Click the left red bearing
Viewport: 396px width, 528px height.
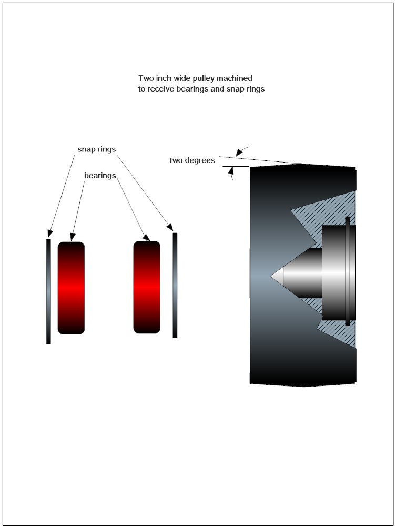pyautogui.click(x=71, y=288)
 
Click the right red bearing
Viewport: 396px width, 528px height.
pyautogui.click(x=147, y=287)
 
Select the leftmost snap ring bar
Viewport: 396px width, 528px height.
pyautogui.click(x=48, y=292)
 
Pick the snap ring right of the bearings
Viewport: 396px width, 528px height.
pyautogui.click(x=175, y=285)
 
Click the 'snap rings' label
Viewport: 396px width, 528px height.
pyautogui.click(x=97, y=149)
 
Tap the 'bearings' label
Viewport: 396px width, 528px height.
pyautogui.click(x=100, y=176)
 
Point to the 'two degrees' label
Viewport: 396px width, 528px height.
pyautogui.click(x=192, y=160)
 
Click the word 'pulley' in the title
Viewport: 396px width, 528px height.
pyautogui.click(x=204, y=78)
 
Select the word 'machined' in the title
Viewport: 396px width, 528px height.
pyautogui.click(x=235, y=78)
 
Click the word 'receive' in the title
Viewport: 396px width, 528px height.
pyautogui.click(x=161, y=89)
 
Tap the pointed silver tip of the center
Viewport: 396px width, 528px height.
pyautogui.click(x=277, y=276)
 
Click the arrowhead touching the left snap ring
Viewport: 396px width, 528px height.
pyautogui.click(x=50, y=233)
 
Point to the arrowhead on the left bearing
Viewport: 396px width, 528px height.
pyautogui.click(x=72, y=237)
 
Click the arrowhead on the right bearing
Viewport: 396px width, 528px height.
pyautogui.click(x=147, y=237)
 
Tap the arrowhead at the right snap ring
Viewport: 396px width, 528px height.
pyautogui.click(x=170, y=227)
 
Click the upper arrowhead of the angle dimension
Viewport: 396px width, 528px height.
pyautogui.click(x=239, y=152)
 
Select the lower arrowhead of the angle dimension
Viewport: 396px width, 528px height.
pyautogui.click(x=231, y=171)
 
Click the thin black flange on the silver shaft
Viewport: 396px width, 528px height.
pyautogui.click(x=348, y=271)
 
